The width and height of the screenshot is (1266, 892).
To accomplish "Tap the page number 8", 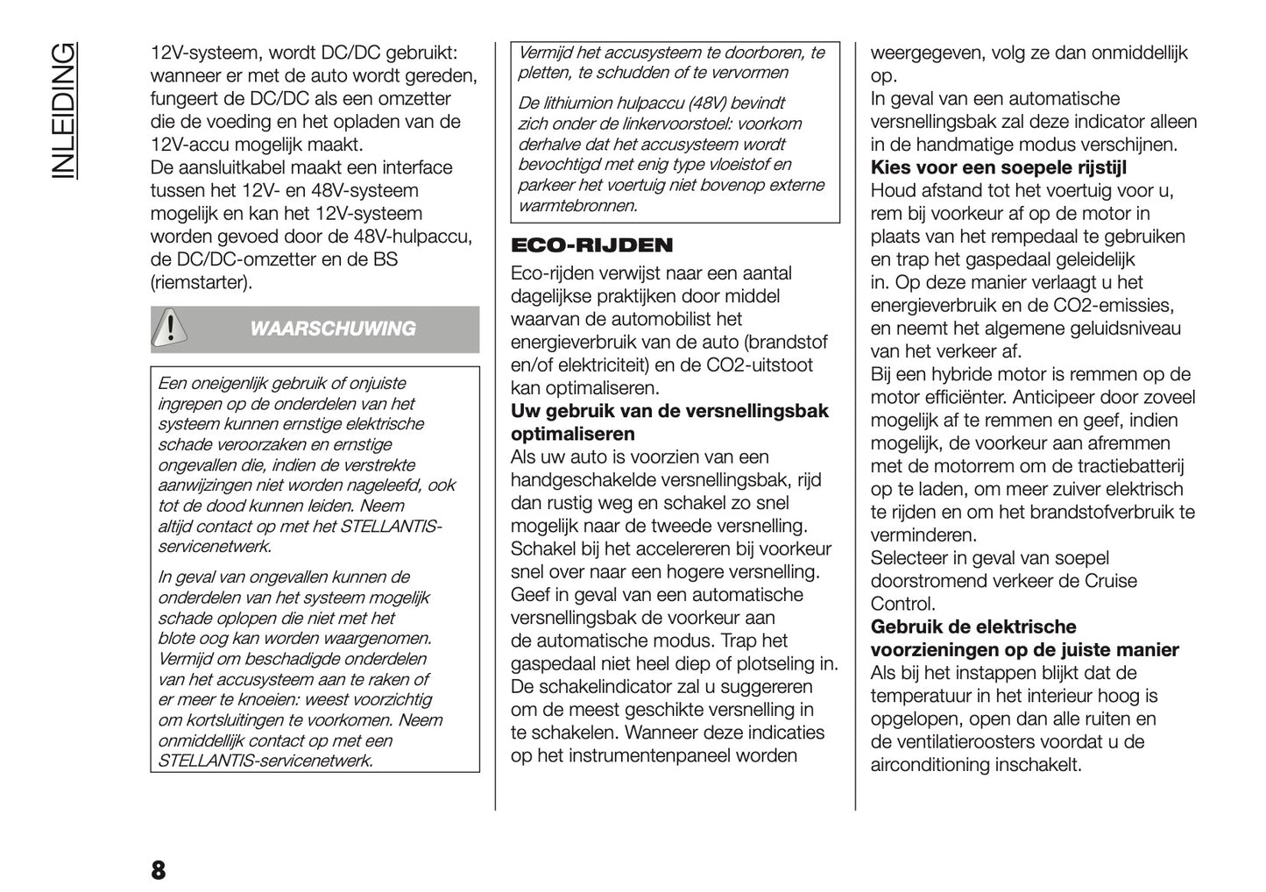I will pos(158,870).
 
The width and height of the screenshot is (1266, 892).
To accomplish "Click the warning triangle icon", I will pos(172,328).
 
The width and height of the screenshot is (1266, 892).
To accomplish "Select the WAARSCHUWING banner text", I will pos(332,329).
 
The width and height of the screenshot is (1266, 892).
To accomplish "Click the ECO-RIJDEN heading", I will pos(591,245).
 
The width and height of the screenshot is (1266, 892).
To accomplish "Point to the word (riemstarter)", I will pos(202,282).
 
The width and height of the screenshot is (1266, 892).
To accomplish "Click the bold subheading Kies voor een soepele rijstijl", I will pos(998,167).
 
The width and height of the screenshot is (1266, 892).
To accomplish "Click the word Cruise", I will pos(1111,580).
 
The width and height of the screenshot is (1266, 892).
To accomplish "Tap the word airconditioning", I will pos(930,764).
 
